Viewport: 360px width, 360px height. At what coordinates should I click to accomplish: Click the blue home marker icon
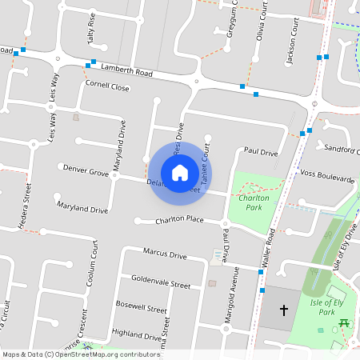pos(180,173)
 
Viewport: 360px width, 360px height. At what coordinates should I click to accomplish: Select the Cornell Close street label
pos(107,86)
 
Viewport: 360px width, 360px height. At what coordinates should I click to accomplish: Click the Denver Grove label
pos(86,171)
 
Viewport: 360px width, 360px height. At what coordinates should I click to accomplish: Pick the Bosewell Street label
pos(141,306)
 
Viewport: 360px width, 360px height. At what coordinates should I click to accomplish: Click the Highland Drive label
pos(138,334)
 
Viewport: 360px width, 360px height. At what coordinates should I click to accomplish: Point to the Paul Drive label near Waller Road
pos(261,151)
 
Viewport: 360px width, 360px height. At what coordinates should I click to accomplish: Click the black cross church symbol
pos(282,310)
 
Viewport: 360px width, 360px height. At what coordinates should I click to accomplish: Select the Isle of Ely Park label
pos(326,306)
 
